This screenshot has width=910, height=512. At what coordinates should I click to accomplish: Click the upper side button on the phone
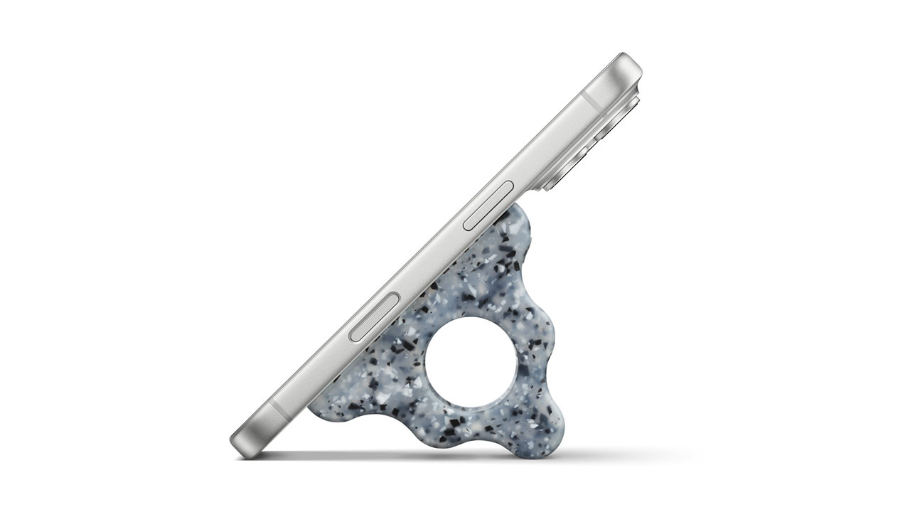point(488,206)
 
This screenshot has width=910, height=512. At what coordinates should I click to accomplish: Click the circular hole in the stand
point(471,363)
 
